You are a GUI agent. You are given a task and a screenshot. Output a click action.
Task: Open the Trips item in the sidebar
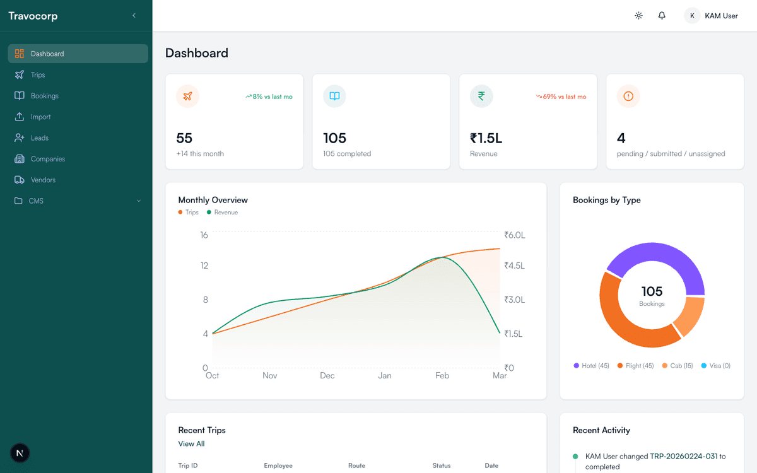pos(38,75)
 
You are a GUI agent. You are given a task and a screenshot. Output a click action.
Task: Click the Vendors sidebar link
pos(43,180)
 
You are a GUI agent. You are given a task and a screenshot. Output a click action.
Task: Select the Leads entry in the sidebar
pos(39,138)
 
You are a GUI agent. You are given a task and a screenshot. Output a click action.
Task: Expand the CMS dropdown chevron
pos(139,201)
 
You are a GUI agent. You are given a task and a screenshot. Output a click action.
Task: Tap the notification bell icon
pos(662,16)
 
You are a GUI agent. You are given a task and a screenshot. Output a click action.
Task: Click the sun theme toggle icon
pos(638,16)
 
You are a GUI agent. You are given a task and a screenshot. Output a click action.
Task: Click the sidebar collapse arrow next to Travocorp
pos(134,16)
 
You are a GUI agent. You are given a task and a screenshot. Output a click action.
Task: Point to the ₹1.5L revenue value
pos(486,138)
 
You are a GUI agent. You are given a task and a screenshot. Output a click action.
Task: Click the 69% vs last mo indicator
pos(561,97)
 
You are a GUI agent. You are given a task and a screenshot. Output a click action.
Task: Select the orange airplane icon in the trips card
pos(187,96)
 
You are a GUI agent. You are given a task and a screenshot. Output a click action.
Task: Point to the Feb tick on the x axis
pos(442,376)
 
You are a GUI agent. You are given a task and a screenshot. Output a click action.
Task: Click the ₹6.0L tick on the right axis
pos(515,235)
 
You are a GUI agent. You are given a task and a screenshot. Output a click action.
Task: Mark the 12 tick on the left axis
pos(204,266)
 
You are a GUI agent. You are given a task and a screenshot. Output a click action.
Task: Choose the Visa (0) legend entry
pos(716,366)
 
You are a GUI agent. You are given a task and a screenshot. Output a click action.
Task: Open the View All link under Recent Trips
pos(191,444)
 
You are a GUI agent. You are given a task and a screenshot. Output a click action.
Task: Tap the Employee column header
pos(278,466)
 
